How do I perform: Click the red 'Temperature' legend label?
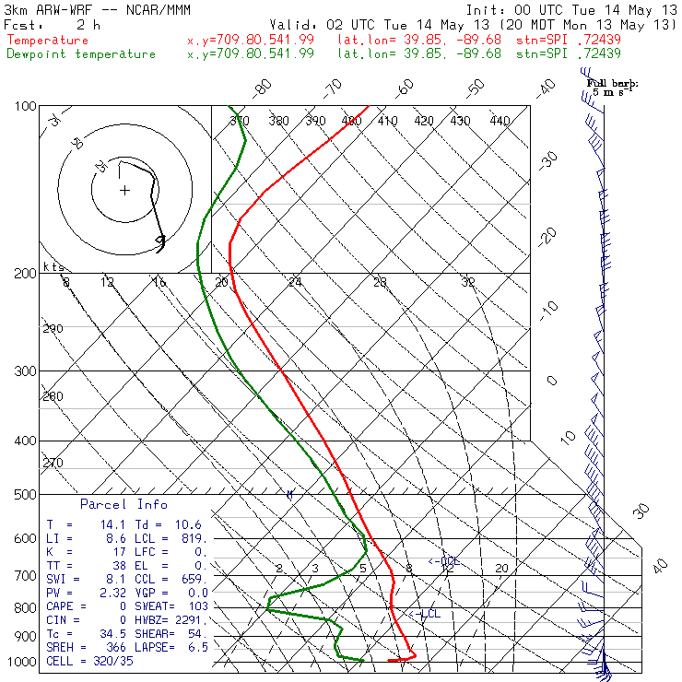48,41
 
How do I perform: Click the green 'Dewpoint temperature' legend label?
81,54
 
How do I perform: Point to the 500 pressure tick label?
25,494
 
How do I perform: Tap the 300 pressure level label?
25,371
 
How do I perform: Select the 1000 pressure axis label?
22,661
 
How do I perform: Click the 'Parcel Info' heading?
123,504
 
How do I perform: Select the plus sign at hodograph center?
124,191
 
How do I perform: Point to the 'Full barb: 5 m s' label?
612,88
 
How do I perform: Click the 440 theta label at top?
500,121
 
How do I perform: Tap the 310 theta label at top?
240,121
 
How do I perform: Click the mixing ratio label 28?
380,282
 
